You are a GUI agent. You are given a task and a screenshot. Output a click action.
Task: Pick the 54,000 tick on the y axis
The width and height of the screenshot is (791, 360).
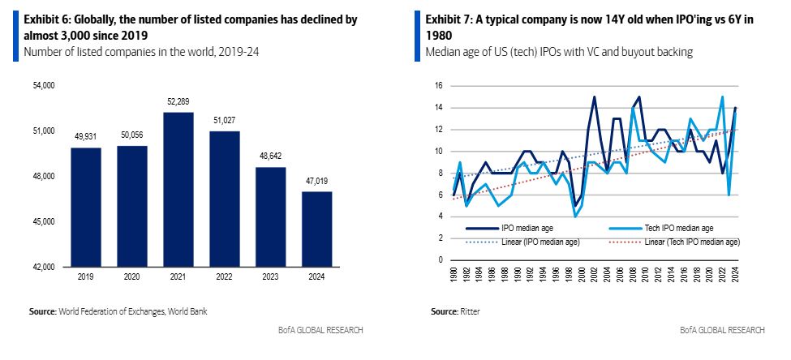pyautogui.click(x=41, y=85)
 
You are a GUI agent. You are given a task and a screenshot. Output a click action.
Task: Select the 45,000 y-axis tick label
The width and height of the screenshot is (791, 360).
pyautogui.click(x=41, y=221)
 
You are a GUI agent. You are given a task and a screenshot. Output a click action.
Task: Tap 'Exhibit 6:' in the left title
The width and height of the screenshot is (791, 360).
pyautogui.click(x=50, y=18)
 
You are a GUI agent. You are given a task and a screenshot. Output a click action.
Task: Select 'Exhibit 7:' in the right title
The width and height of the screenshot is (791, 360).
pyautogui.click(x=452, y=18)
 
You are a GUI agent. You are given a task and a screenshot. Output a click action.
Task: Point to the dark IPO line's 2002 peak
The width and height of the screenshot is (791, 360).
pyautogui.click(x=594, y=97)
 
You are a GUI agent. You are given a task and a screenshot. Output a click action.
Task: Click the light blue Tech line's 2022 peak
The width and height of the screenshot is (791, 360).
pyautogui.click(x=721, y=97)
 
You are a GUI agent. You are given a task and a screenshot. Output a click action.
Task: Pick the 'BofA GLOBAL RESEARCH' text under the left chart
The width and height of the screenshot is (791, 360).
pyautogui.click(x=321, y=330)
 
